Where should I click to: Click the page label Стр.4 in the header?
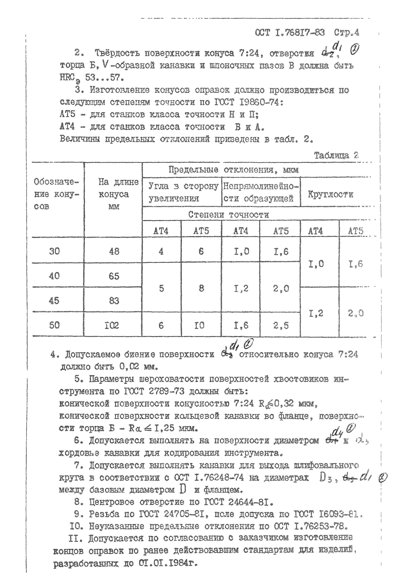pos(346,33)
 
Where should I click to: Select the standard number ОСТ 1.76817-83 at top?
pos(290,33)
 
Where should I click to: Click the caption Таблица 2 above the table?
pos(336,155)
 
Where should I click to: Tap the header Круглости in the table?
pos(330,194)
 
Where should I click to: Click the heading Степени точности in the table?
pos(229,215)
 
